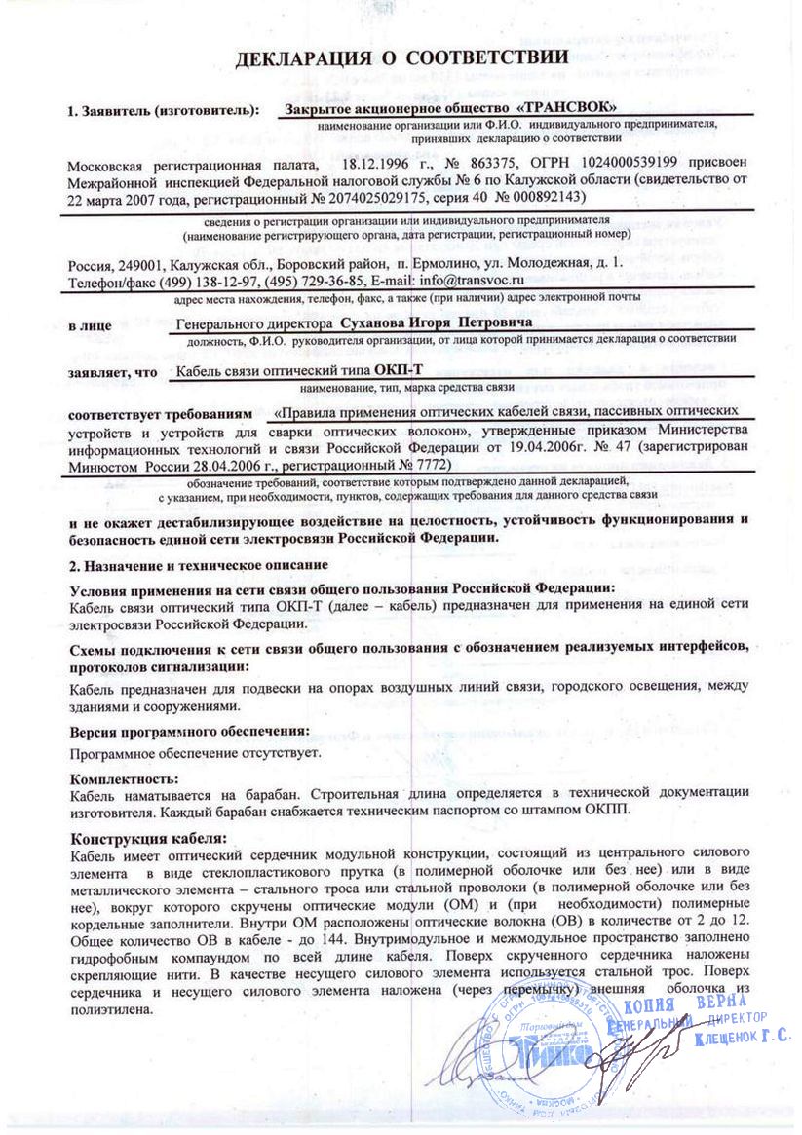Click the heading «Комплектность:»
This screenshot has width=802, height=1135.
point(125,778)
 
